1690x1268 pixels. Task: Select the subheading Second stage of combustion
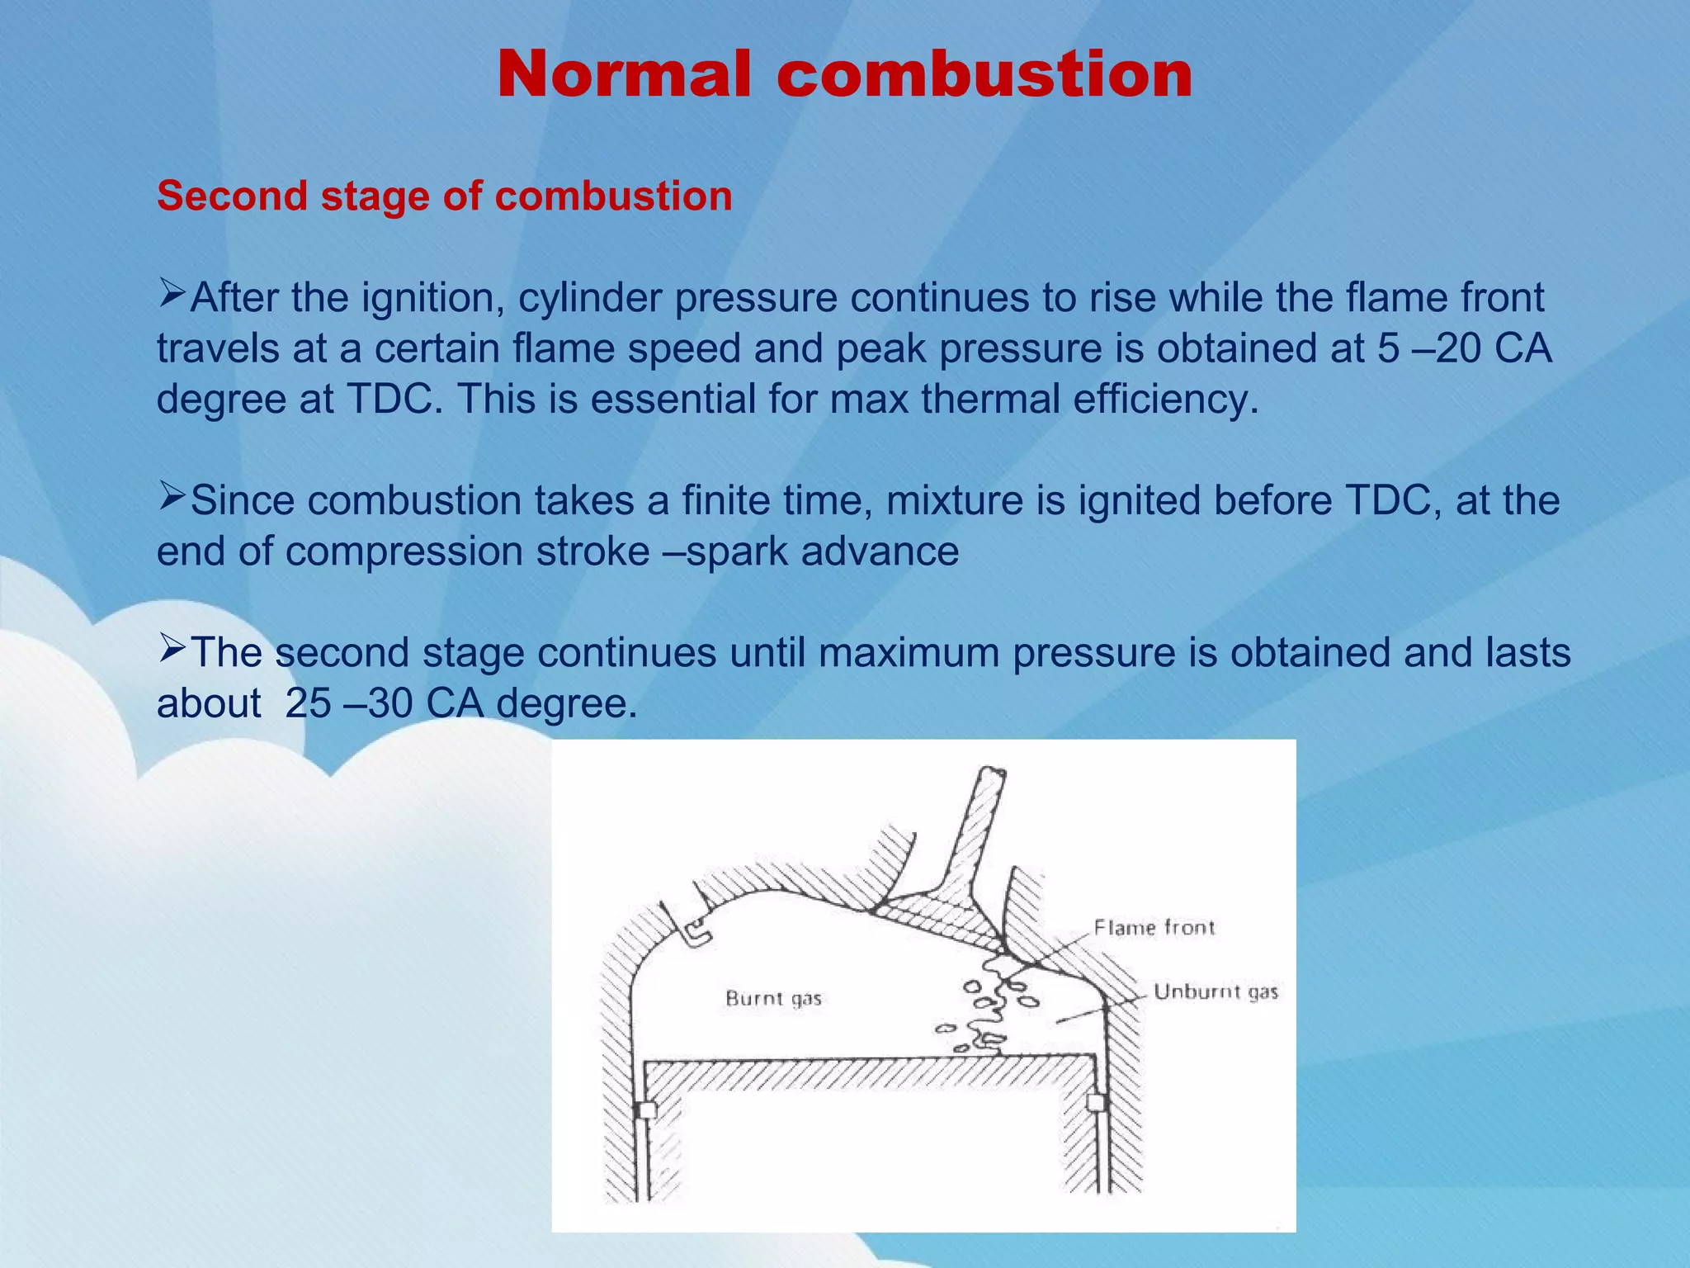444,196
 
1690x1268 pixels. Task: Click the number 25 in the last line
308,704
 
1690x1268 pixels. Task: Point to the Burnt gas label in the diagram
773,999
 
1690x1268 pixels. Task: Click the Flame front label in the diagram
1154,928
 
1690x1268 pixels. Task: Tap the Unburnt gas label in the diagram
1216,991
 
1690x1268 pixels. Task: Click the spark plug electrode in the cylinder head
697,932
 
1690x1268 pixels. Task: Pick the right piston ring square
1096,1102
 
